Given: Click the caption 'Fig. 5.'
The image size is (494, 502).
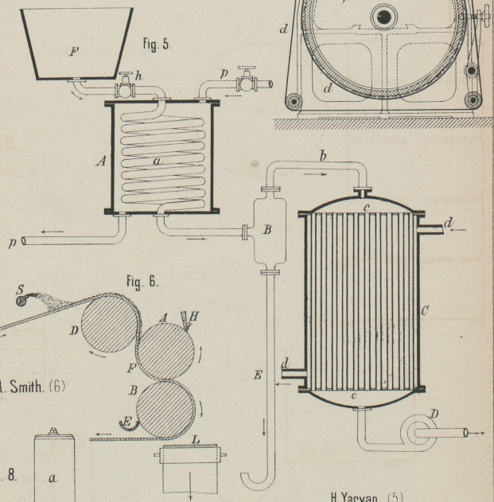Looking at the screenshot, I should coord(157,45).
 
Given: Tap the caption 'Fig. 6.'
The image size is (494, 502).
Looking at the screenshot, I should coord(142,281).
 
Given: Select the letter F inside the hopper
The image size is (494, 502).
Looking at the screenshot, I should coord(74,52).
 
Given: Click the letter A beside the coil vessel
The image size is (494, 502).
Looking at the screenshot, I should coord(100,161).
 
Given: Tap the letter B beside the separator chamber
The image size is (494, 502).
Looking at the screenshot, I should coord(267,230).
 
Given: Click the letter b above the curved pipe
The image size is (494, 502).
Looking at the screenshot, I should coord(322,156).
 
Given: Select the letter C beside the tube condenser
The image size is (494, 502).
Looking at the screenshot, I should coord(425,311).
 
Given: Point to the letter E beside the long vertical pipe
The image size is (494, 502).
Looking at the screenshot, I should coord(258,375).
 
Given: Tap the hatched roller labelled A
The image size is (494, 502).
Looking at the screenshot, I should coord(165,344).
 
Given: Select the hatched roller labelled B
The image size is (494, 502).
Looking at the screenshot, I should coord(165,411).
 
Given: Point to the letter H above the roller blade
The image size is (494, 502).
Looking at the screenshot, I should coord(193,316).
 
